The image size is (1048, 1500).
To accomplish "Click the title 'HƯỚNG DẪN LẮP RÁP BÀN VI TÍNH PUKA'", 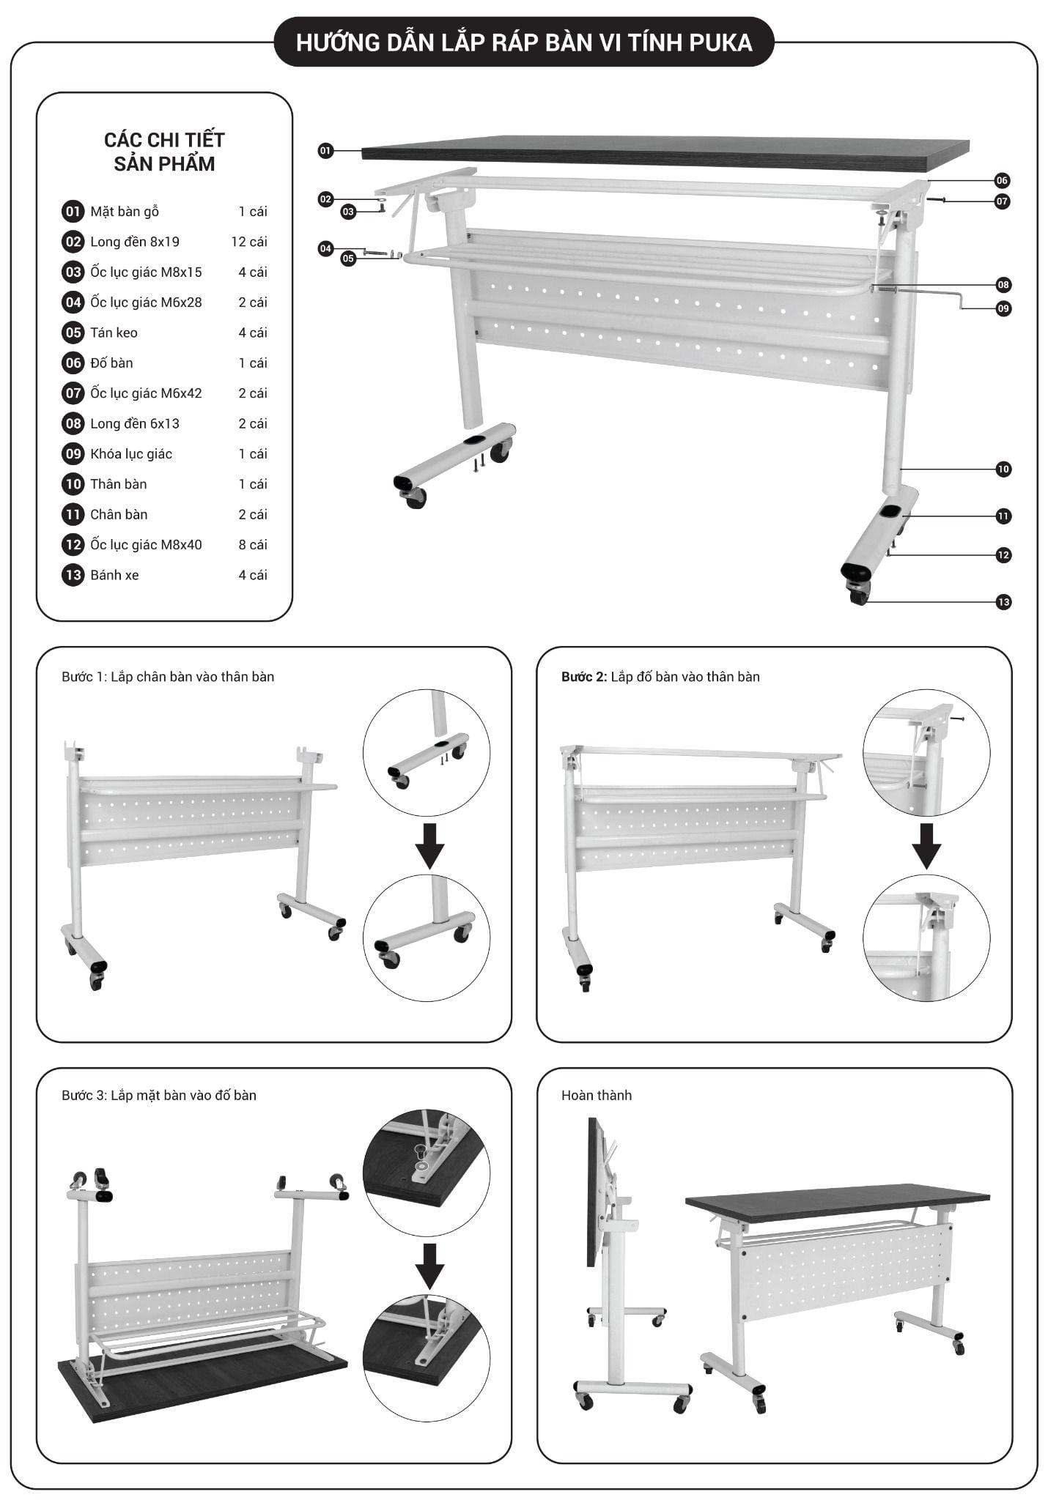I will (x=523, y=42).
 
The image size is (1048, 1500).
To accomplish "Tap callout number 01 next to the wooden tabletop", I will (x=325, y=151).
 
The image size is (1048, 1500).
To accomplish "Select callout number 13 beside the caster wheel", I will (x=1003, y=602).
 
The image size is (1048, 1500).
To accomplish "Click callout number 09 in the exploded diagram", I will (x=1003, y=308).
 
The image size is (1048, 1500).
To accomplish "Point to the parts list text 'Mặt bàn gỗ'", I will (x=125, y=212).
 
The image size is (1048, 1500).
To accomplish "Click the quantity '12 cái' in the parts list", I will (x=249, y=242).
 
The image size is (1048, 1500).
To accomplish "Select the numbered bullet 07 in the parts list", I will (x=73, y=393).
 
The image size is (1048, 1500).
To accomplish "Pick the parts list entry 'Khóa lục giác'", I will (x=131, y=454).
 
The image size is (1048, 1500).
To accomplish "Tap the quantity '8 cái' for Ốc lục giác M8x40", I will (x=252, y=545).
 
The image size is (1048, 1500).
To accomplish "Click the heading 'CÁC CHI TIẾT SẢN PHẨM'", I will (x=164, y=152).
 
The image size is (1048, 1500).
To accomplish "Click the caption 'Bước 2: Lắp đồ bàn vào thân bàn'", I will (x=660, y=677).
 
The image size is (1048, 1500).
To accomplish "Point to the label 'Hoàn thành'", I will (x=596, y=1096).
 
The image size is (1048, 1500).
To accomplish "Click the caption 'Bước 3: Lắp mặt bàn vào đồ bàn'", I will (x=159, y=1096).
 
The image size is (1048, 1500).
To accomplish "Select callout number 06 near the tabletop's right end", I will (x=1002, y=180).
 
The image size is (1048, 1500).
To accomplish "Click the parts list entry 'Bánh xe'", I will (x=114, y=576).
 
